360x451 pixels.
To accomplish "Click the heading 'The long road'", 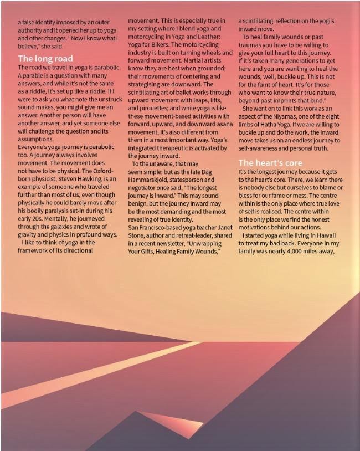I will click(x=45, y=58).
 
